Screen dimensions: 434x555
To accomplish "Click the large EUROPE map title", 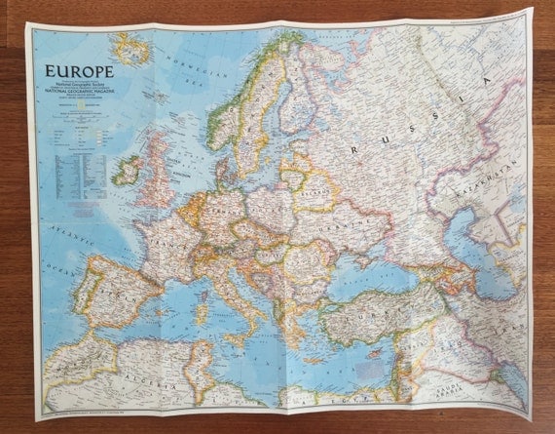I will click(x=78, y=71).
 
